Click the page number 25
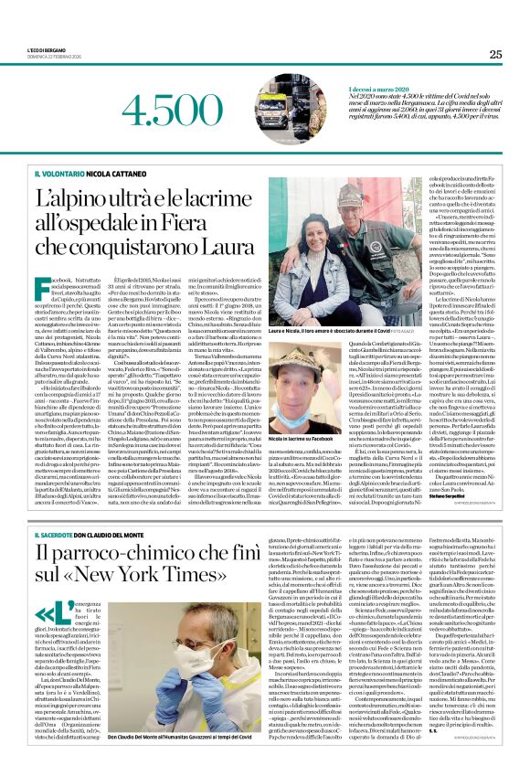(495, 54)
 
